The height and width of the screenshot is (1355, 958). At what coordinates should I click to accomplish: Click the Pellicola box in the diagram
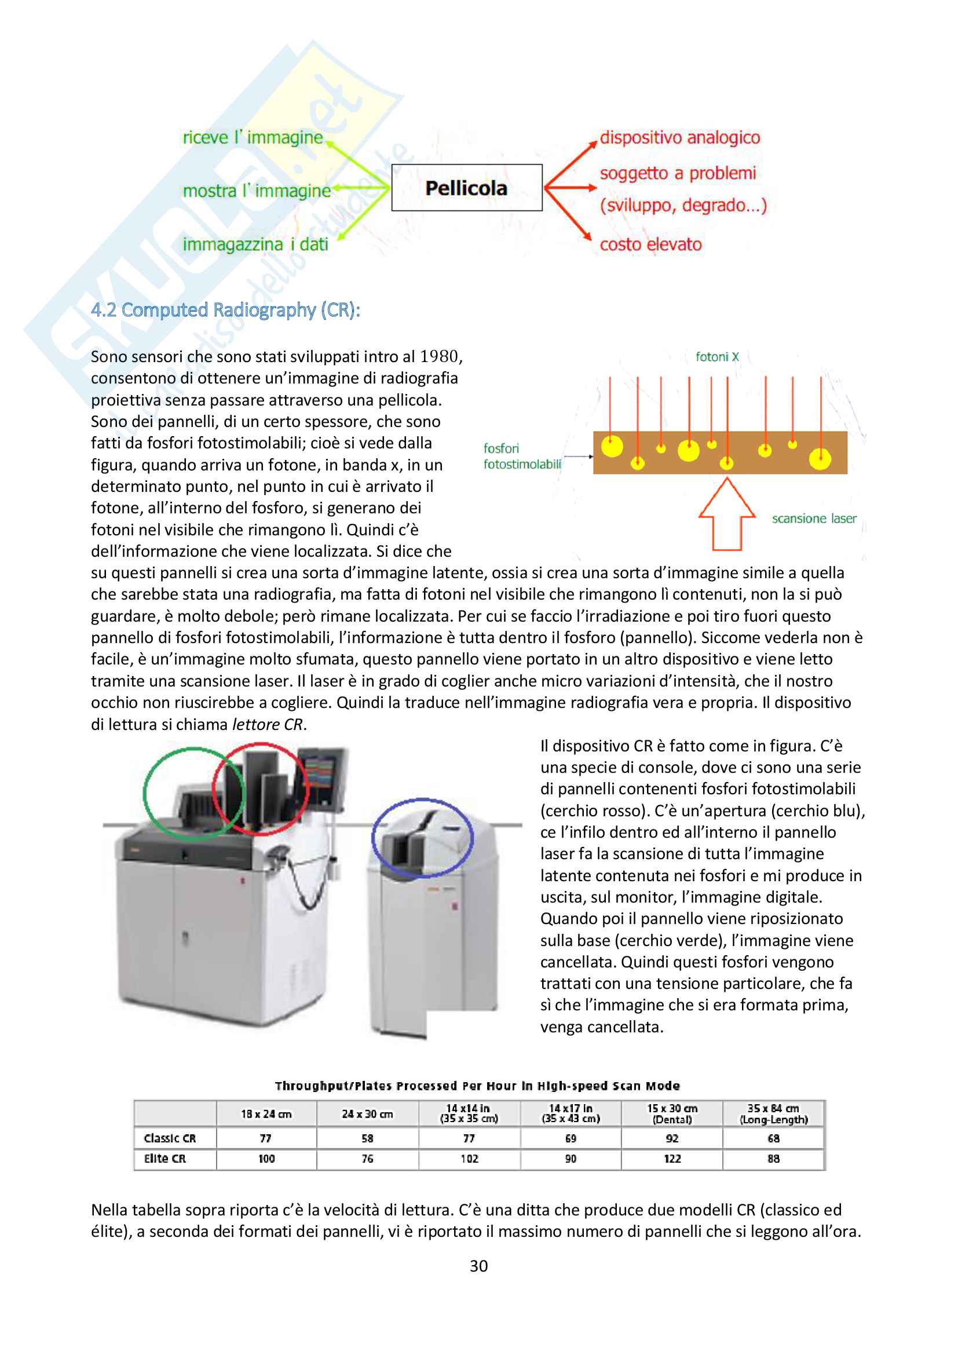click(x=467, y=188)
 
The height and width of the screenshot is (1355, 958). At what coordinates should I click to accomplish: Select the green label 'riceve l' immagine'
click(x=253, y=137)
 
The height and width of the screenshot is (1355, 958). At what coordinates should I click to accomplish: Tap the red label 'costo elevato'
click(x=650, y=244)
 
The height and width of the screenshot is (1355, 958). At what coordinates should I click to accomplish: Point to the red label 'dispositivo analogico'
click(x=679, y=137)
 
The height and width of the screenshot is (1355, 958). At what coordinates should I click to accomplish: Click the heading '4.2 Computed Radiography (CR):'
click(x=225, y=310)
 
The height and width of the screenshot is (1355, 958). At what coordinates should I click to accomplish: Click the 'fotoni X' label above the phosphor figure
click(x=716, y=356)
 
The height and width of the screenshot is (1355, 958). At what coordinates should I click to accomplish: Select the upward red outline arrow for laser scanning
click(x=727, y=514)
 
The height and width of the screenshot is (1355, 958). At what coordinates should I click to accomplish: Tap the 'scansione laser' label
click(x=814, y=518)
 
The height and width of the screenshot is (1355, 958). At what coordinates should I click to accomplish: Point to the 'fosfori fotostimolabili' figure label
click(x=522, y=456)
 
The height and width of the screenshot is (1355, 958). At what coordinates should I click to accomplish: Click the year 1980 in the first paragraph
click(x=439, y=356)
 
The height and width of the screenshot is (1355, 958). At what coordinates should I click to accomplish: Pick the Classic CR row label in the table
click(x=170, y=1138)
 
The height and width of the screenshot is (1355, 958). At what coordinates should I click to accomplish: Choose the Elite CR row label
click(x=165, y=1159)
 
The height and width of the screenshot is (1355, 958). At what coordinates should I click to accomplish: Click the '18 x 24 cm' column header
click(x=266, y=1114)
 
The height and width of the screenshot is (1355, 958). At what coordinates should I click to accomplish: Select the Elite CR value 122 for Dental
click(x=672, y=1159)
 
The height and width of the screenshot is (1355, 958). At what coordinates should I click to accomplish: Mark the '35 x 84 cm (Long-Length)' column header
click(x=773, y=1113)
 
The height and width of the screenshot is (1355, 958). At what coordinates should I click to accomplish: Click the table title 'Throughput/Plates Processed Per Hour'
click(x=477, y=1086)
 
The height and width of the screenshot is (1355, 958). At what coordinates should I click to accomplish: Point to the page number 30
click(x=478, y=1266)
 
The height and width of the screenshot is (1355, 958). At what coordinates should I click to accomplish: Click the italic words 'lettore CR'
click(x=267, y=724)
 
